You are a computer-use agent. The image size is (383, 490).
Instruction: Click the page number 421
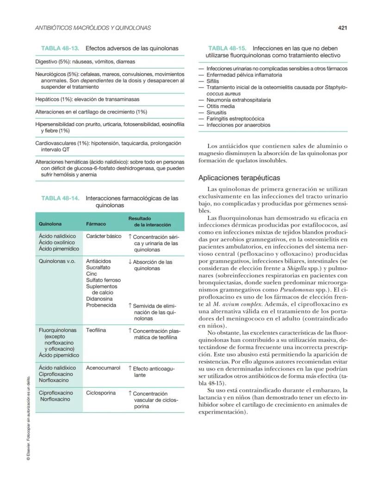point(342,28)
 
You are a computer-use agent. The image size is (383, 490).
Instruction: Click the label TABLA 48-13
point(60,48)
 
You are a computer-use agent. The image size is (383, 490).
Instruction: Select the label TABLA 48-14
point(60,198)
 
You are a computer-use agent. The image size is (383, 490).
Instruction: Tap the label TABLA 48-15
point(227,48)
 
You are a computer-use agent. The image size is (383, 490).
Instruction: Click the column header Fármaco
point(96,224)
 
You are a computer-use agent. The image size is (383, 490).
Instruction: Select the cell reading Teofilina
point(96,331)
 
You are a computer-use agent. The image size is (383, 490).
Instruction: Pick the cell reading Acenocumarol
point(103,368)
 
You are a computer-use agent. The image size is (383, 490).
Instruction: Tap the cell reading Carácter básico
point(104,236)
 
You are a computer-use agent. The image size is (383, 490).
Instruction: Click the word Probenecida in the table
point(101,306)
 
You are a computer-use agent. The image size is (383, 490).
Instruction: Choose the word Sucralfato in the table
point(98,268)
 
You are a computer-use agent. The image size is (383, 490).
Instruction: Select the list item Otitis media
point(221,106)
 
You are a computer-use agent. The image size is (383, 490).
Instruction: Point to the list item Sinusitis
point(216,113)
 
